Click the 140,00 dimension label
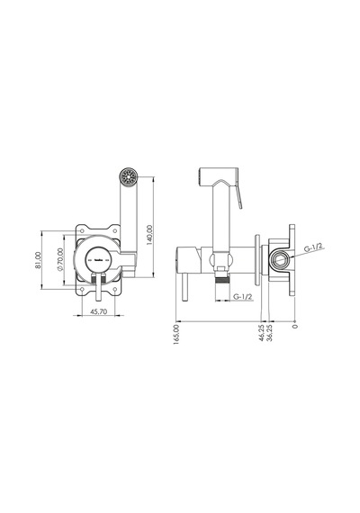coord(149,235)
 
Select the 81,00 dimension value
coord(39,260)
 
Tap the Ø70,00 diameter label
coord(59,259)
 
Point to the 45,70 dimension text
coord(98,311)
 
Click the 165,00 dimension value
coord(177,334)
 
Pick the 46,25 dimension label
coord(262,333)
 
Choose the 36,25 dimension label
coord(270,333)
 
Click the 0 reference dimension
coord(295,326)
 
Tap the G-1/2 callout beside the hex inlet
coord(314,247)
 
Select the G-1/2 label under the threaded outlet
coord(242,296)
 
